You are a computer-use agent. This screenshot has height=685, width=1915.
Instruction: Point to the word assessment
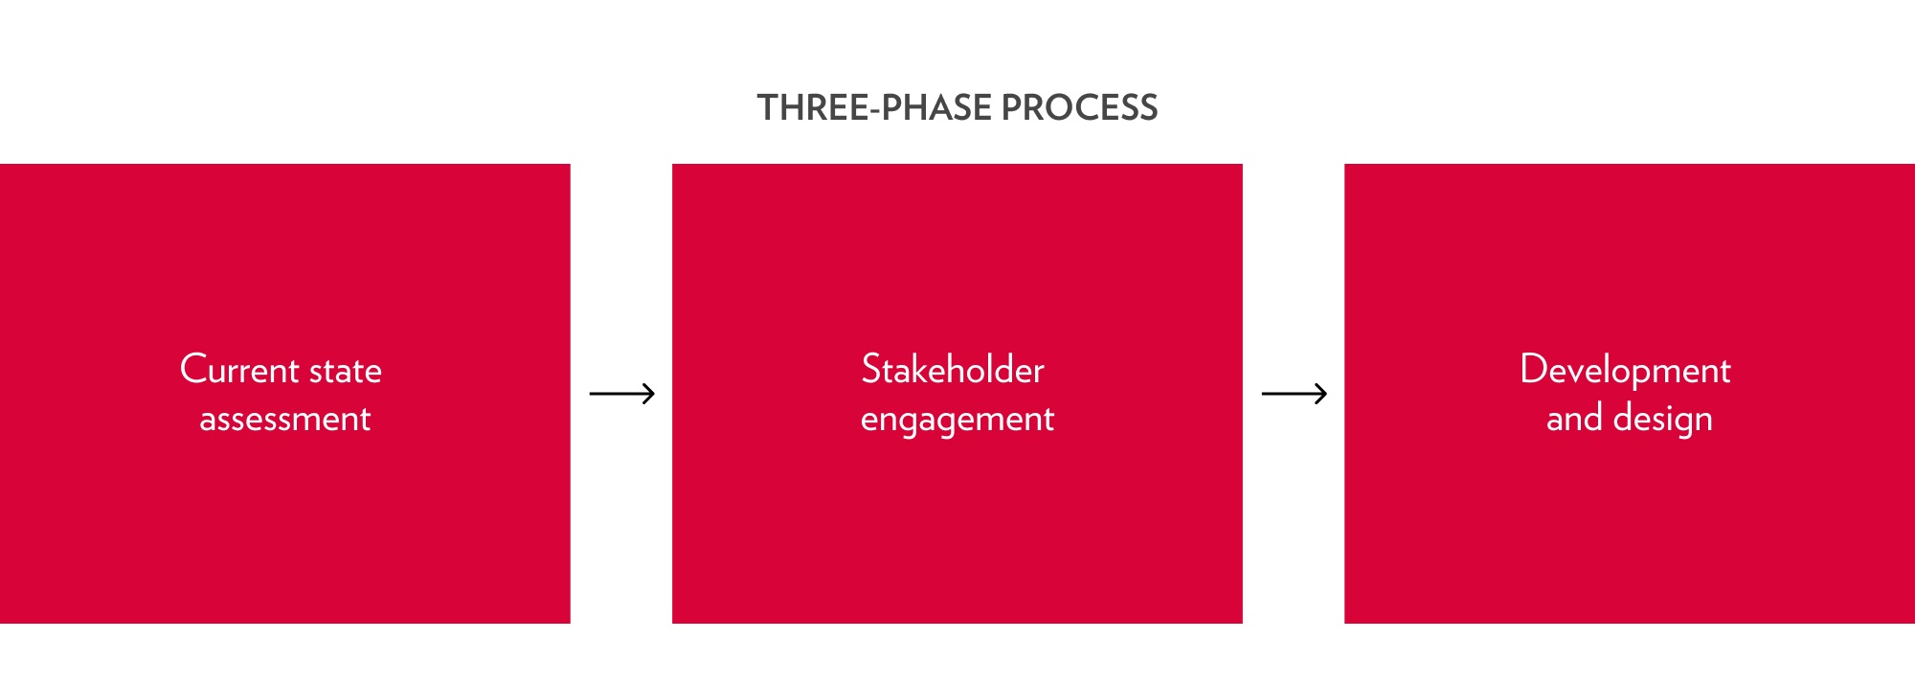(x=284, y=419)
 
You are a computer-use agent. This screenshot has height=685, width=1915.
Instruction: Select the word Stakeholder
(x=953, y=370)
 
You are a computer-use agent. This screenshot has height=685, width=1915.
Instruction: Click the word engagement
(x=957, y=420)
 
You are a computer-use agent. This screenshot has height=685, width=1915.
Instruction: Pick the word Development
(x=1625, y=371)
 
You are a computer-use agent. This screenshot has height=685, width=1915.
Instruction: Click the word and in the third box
(x=1574, y=419)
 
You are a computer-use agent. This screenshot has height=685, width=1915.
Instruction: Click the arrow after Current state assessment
(x=621, y=394)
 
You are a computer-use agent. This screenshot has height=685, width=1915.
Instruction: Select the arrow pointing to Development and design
(x=1294, y=394)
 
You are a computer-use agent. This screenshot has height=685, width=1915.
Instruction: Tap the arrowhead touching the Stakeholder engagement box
(x=650, y=394)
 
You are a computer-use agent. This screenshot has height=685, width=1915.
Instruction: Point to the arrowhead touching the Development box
(x=1322, y=394)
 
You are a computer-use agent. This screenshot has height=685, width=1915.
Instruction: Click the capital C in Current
(x=192, y=370)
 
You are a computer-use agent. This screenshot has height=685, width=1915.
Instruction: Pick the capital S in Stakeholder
(x=871, y=370)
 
